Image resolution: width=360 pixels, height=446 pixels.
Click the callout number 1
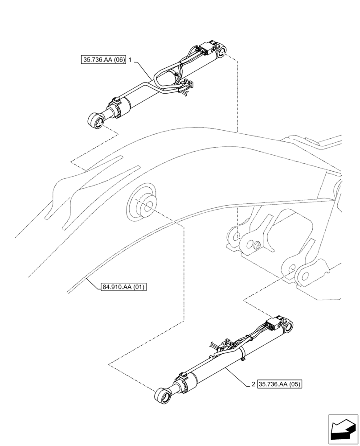pos(130,59)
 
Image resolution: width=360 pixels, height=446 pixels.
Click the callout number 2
pos(253,383)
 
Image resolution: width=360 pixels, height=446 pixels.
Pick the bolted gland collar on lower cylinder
pos(183,382)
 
